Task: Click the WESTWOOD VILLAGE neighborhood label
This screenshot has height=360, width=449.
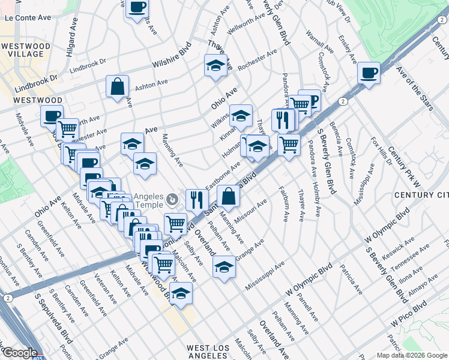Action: [x=22, y=50]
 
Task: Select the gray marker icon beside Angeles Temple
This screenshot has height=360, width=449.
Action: [x=173, y=199]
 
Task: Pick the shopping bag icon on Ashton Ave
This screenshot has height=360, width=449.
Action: [x=118, y=86]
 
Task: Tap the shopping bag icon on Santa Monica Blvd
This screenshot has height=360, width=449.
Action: [x=228, y=196]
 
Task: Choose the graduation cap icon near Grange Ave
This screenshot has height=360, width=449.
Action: [x=224, y=266]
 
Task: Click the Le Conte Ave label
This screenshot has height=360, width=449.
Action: [x=28, y=18]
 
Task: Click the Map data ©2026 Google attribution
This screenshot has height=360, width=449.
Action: [x=411, y=355]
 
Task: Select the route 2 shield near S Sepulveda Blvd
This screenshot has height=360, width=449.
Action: [x=8, y=298]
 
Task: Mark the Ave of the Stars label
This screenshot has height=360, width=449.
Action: [x=415, y=89]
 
